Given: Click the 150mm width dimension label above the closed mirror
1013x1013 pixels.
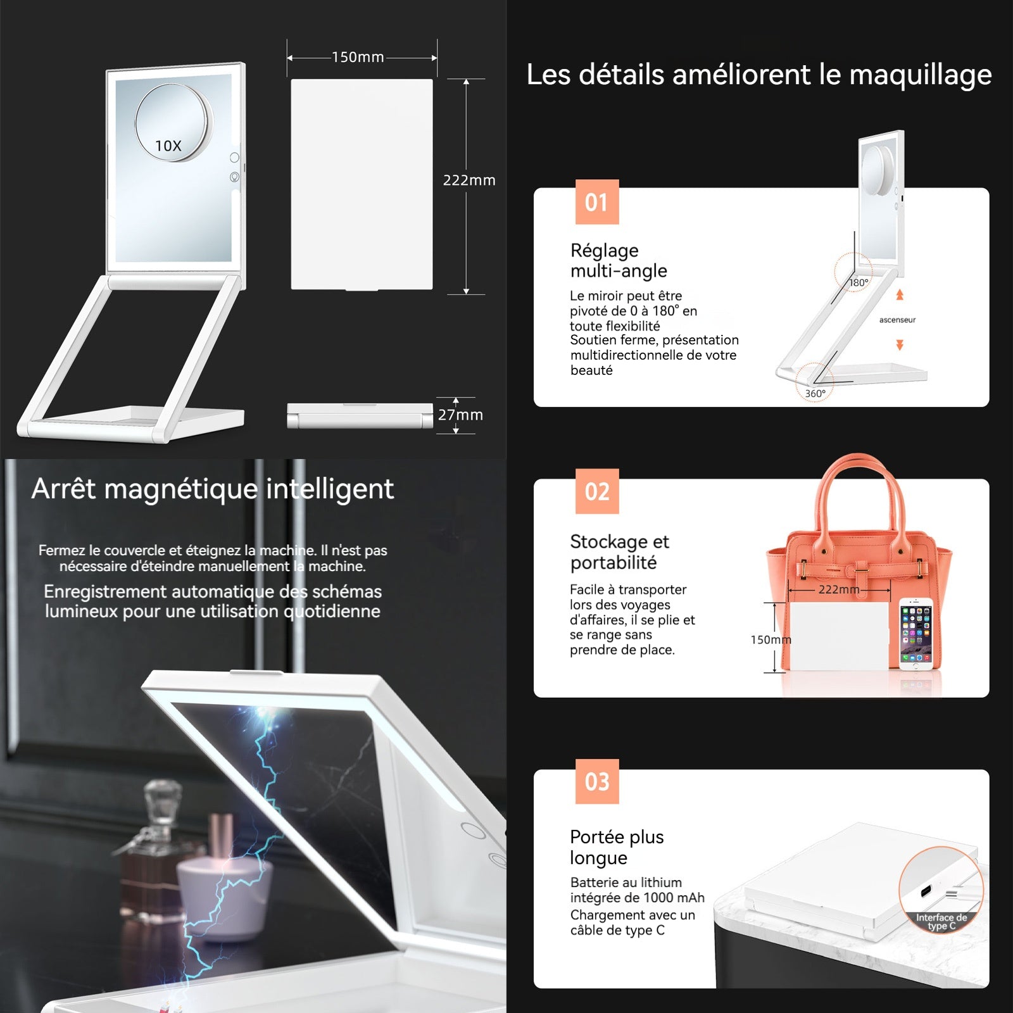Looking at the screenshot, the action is coord(358,57).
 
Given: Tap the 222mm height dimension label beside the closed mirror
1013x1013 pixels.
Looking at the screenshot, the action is coord(469,180).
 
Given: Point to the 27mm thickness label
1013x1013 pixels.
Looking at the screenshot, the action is coord(460,415).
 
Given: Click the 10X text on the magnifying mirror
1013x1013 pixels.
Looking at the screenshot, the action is coord(168,146).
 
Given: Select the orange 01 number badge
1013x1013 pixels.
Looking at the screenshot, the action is coord(597,202).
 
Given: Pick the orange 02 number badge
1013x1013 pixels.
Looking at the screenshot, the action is coord(597,491).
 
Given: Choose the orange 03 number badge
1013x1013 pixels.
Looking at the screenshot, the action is coord(597,781).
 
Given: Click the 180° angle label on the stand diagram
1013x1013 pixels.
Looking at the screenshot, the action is coord(859,282).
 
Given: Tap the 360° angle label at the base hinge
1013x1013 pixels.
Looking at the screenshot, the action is coord(815,393).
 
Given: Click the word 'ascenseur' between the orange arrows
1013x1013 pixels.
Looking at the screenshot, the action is coord(897,320).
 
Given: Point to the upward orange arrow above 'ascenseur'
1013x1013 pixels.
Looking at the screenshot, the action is coord(900,295).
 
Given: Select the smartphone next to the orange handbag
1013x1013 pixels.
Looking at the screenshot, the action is coord(916,634).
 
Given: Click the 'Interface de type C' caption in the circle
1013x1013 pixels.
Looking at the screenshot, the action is coord(941,921).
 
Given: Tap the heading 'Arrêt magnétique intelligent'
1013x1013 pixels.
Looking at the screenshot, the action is coord(213,489).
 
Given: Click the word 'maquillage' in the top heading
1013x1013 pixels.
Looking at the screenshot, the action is coord(920,75).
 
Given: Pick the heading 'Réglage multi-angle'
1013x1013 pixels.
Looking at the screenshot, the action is coord(619,260).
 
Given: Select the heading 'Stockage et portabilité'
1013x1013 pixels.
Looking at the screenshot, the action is coord(619,551).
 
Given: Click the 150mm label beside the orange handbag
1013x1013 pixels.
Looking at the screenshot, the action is coord(771,639).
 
